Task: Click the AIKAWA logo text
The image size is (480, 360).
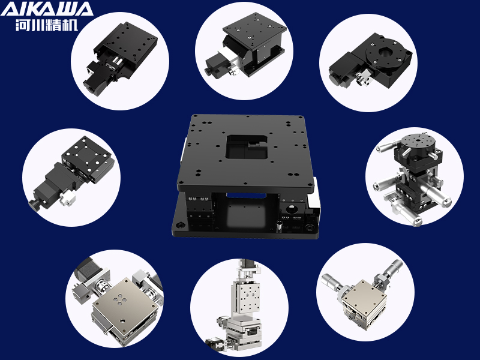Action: (47, 9)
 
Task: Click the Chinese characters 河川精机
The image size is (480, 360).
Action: (47, 25)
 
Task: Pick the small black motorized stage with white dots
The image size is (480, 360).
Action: (73, 174)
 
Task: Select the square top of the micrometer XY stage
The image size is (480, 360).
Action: (364, 294)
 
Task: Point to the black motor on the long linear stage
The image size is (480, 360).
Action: (94, 76)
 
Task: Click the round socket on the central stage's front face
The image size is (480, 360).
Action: (290, 209)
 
